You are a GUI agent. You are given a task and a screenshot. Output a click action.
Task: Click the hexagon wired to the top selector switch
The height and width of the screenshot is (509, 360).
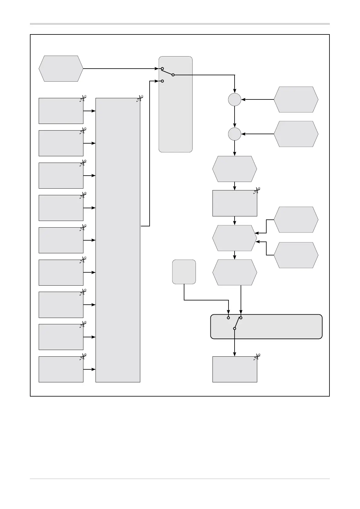point(61,69)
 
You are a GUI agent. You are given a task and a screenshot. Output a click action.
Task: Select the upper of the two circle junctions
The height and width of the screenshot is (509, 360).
point(235,99)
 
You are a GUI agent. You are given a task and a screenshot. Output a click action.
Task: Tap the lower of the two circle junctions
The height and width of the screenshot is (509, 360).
point(235,134)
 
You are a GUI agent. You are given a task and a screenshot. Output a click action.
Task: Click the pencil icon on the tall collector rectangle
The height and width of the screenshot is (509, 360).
point(139,98)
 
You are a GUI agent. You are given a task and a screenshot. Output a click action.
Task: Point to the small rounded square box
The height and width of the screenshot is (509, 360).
point(184,272)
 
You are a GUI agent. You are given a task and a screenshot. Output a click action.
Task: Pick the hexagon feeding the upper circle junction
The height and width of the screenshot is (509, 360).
point(296,99)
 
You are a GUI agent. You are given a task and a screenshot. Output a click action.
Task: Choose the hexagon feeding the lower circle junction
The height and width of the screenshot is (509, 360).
point(296,134)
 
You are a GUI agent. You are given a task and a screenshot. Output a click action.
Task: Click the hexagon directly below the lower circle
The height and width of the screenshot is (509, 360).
point(235,169)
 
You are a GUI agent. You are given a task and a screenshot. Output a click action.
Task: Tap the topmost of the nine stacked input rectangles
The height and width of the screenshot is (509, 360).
point(61,111)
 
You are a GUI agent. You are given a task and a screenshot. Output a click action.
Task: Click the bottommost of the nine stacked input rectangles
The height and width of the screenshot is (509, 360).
point(61,369)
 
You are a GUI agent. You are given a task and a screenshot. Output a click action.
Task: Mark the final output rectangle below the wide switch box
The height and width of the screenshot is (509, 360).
point(235,369)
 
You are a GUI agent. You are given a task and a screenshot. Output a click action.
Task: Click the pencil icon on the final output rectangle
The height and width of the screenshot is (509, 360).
point(257,357)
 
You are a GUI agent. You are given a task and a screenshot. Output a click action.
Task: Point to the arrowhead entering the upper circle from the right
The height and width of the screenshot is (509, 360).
point(243,99)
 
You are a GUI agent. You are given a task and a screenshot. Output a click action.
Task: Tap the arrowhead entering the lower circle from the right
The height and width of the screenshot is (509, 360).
point(243,134)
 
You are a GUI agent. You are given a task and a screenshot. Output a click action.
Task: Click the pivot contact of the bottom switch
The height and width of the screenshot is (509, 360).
point(235,328)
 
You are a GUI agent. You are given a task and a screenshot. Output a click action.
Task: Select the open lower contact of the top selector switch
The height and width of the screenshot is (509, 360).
point(162,81)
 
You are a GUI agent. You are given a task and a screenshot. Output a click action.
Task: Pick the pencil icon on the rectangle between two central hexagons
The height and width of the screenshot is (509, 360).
point(257,190)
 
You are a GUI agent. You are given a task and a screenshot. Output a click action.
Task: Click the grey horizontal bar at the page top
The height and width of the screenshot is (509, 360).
point(180,24)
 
